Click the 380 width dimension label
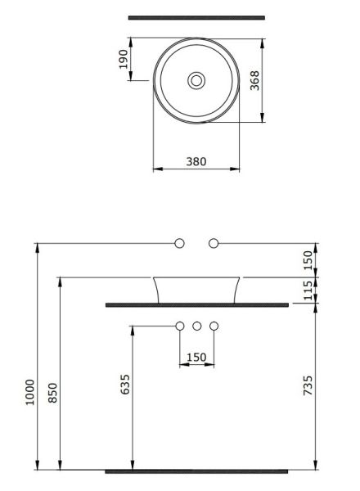click(x=196, y=161)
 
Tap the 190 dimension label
click(x=124, y=60)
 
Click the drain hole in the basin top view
click(x=196, y=80)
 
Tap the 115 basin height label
click(x=308, y=291)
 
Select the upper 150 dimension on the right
click(x=308, y=260)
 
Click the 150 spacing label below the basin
click(x=196, y=357)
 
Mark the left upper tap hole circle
click(x=180, y=243)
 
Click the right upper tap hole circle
click(x=214, y=243)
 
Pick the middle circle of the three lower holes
click(x=196, y=327)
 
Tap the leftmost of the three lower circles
click(x=180, y=327)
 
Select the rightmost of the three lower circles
click(x=214, y=327)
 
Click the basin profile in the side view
click(x=196, y=290)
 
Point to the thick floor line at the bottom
click(x=196, y=471)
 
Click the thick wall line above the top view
click(x=196, y=17)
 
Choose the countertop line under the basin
click(x=196, y=304)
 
